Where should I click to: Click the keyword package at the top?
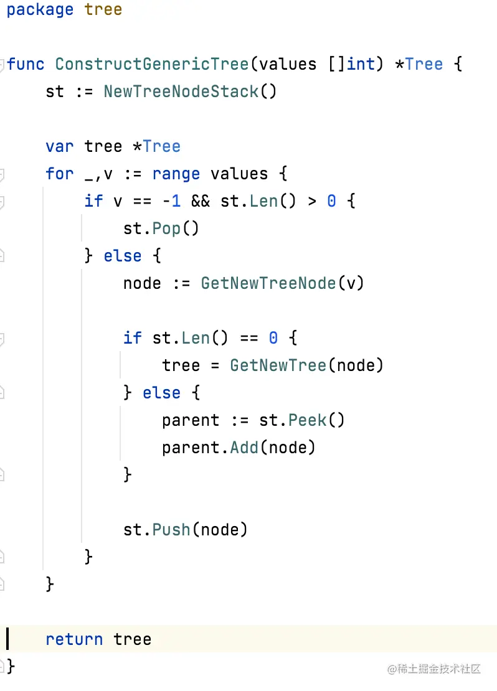click(x=40, y=10)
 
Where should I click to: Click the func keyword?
click(x=26, y=64)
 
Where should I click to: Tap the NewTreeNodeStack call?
click(x=181, y=92)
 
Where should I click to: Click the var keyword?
click(x=59, y=146)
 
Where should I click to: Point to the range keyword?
click(x=176, y=174)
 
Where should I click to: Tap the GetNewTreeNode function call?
click(x=268, y=283)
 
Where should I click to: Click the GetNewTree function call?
click(x=278, y=365)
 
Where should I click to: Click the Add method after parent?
click(x=244, y=448)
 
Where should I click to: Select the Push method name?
click(x=171, y=530)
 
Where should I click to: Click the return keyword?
click(x=74, y=639)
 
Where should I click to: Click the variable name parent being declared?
click(x=191, y=420)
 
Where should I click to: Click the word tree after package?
click(x=103, y=10)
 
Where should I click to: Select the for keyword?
click(x=59, y=174)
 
